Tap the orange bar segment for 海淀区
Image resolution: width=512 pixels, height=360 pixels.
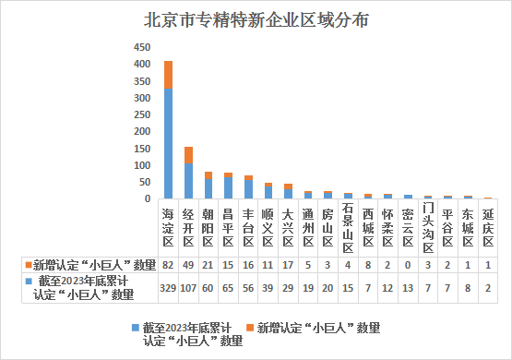168,74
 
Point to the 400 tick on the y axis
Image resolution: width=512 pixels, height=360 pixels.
141,65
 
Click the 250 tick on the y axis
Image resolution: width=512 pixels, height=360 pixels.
141,114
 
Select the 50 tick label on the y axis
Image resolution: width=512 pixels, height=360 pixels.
144,182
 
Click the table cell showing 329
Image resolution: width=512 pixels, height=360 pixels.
168,288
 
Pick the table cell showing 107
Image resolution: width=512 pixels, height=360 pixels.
188,288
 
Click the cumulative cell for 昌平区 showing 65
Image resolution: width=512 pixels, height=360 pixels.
228,288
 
